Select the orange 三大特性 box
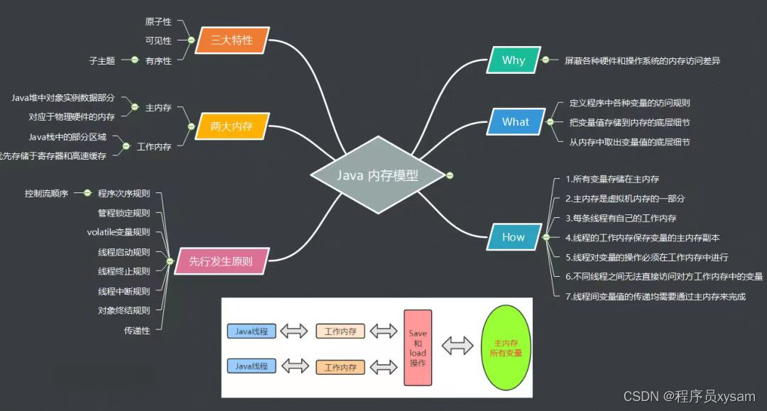coord(232,40)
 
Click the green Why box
coord(513,60)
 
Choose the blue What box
coord(516,122)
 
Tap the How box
coord(513,238)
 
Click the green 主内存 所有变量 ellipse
coord(505,347)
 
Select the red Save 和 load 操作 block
coord(418,347)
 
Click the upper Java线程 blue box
coord(251,331)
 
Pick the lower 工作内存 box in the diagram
coord(340,367)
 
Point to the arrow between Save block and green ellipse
coord(457,346)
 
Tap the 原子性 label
coord(158,23)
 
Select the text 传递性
coord(137,330)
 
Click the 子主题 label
coord(102,61)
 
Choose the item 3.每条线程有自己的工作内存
coord(621,218)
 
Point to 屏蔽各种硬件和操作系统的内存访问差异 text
coord(643,61)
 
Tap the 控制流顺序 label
coord(46,193)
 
